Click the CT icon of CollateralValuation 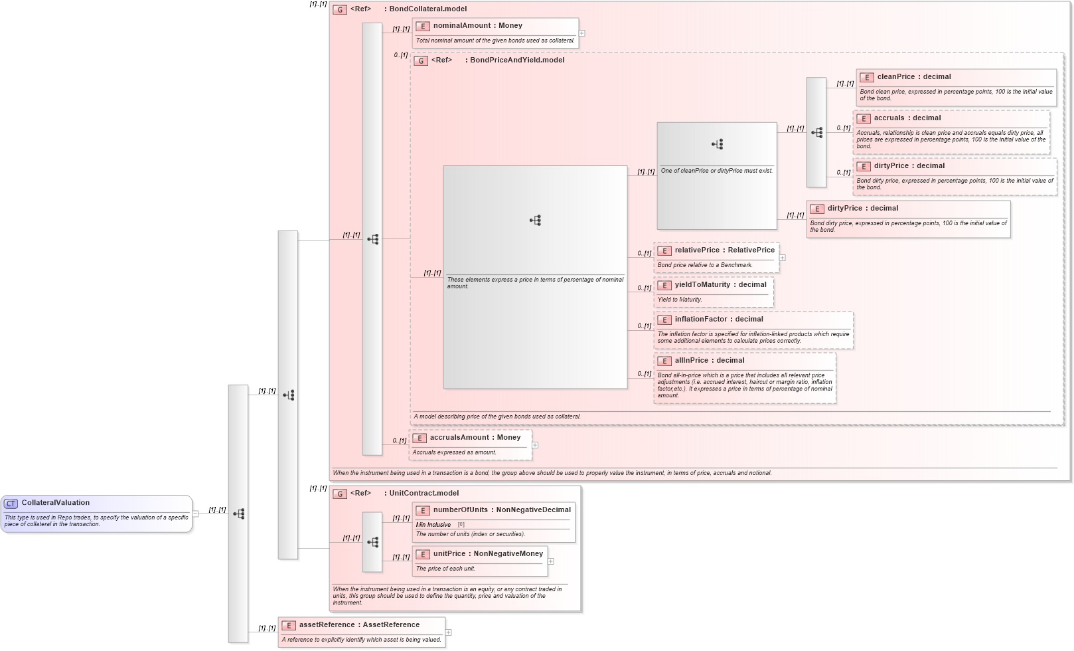[x=11, y=504]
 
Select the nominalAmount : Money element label [x=477, y=26]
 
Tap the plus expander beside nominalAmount [x=581, y=33]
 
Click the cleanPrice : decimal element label [x=913, y=77]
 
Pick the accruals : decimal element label [x=907, y=118]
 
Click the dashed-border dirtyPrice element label [x=909, y=166]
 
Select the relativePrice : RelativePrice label [x=724, y=250]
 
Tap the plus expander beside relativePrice [x=782, y=258]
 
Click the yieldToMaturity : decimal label [x=720, y=285]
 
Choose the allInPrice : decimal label [x=709, y=361]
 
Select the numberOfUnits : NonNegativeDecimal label [x=501, y=510]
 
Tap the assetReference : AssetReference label [x=358, y=625]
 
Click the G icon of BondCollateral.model [x=340, y=9]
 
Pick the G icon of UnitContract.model [x=340, y=494]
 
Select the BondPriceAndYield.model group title [x=516, y=60]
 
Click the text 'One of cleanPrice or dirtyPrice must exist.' [x=716, y=171]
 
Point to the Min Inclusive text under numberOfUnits [x=433, y=525]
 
